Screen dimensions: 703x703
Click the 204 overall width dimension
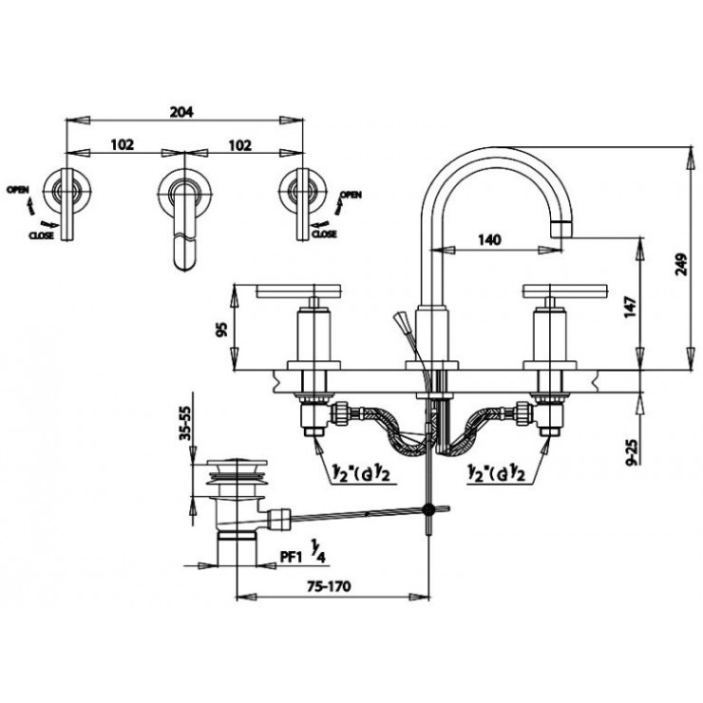pos(180,111)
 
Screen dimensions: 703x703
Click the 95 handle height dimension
pos(220,330)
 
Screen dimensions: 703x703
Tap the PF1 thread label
pos(292,560)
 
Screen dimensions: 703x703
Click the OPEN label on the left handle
pos(18,189)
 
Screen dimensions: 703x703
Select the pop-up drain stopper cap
pos(234,467)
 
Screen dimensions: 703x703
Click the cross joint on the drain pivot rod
pos(433,510)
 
